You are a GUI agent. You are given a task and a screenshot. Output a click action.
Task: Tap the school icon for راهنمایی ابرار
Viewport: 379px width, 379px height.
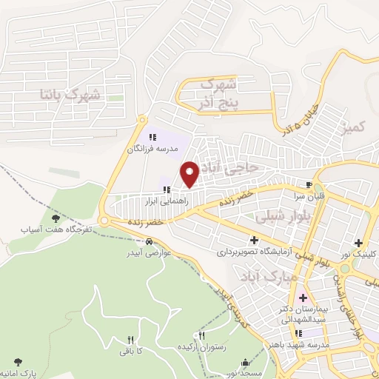[167, 189]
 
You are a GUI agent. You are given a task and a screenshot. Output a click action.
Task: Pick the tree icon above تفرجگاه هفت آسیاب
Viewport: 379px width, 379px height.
[56, 218]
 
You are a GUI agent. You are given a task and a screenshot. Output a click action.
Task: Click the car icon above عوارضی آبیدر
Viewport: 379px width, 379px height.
[150, 242]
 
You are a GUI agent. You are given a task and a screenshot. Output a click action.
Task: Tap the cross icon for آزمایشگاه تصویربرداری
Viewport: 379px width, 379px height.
[255, 241]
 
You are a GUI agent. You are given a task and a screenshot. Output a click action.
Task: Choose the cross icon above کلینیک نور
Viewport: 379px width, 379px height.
[359, 243]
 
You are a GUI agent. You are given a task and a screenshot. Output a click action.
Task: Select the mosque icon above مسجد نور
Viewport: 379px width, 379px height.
[247, 363]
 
